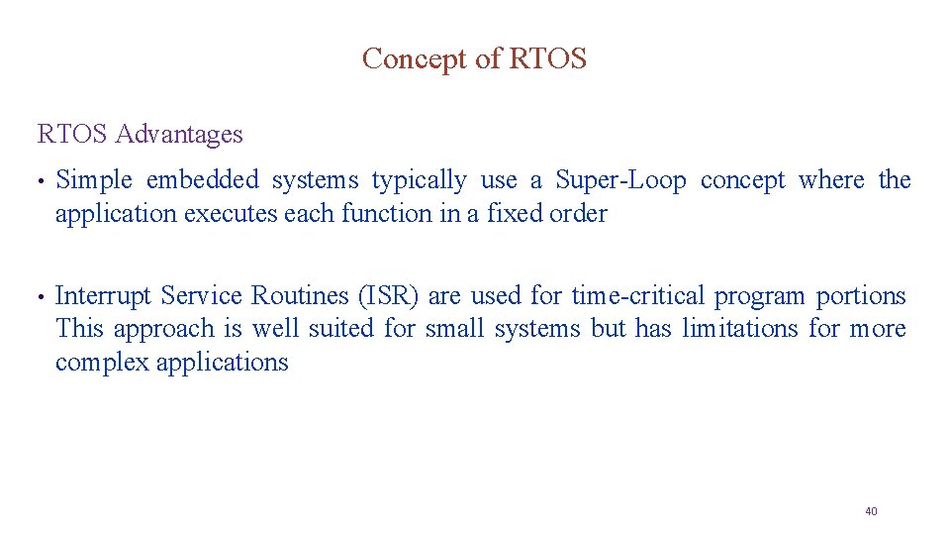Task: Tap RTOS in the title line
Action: point(547,59)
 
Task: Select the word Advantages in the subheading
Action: point(179,134)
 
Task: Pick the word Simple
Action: point(94,180)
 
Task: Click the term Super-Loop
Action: point(620,180)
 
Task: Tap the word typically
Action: point(419,181)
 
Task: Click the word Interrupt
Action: point(104,296)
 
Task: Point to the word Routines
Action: point(294,296)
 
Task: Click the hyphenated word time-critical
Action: point(638,296)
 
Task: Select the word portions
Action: point(861,296)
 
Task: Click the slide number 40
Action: point(871,511)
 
